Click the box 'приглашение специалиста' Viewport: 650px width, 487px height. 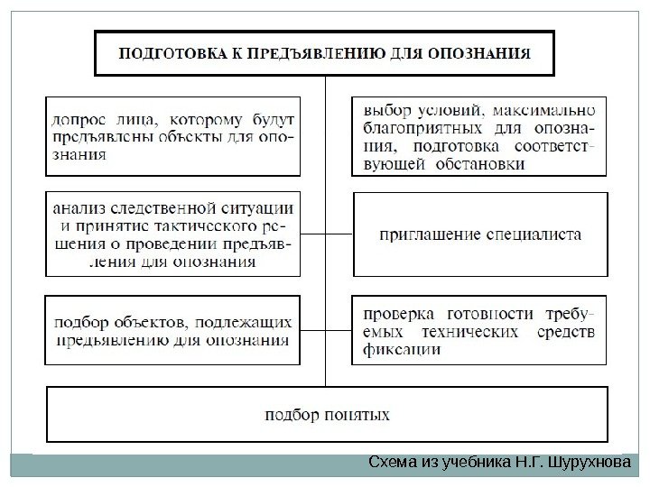tap(479, 234)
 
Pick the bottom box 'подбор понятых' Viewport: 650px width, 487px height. tap(327, 416)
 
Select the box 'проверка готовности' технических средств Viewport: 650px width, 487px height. tap(479, 330)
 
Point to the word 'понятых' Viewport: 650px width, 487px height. tap(361, 416)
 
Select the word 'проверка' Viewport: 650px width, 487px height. tap(398, 313)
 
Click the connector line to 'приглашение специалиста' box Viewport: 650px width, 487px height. tap(339, 234)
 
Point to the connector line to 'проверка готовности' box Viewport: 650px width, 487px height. tap(339, 330)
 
